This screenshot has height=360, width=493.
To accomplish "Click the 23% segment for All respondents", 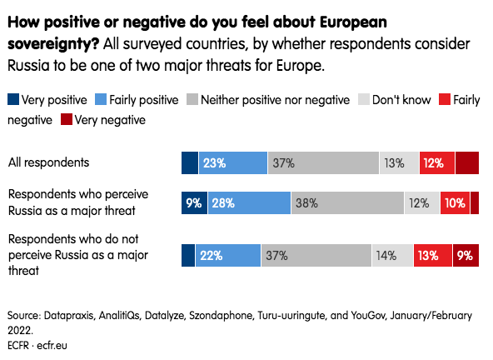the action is coord(233,163).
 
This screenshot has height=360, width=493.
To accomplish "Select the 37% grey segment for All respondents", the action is coord(323,163).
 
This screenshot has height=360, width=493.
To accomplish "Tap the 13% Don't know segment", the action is coord(399,163).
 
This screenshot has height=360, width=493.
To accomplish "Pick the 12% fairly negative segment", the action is coord(437,163).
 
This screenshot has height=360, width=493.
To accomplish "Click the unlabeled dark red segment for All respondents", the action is coord(467,163).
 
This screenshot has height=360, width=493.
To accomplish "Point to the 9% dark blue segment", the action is coord(194,203).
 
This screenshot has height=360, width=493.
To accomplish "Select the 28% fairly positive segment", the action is coord(249,203).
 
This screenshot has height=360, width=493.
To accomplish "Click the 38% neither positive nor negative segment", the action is coord(348,203).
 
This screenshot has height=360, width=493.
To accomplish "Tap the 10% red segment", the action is coord(455,203).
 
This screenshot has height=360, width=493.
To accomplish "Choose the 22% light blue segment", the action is coord(228,255).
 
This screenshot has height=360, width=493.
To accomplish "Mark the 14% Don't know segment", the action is coord(392,255).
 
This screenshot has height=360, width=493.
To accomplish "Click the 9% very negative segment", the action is coord(466,255).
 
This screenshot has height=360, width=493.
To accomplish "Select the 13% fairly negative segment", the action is coord(433,255).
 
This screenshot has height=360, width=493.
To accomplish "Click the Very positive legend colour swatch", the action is coord(13,99).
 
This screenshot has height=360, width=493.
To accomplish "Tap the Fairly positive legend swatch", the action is coord(101,99).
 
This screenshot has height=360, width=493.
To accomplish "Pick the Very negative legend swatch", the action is coord(67,119).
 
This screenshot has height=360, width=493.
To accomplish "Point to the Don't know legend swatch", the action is coord(364,99).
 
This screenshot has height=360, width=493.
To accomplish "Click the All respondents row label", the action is coord(49,162).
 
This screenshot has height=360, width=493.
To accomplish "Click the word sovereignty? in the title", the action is coord(53,44).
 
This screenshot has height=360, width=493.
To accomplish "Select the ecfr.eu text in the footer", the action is coord(52,345).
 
